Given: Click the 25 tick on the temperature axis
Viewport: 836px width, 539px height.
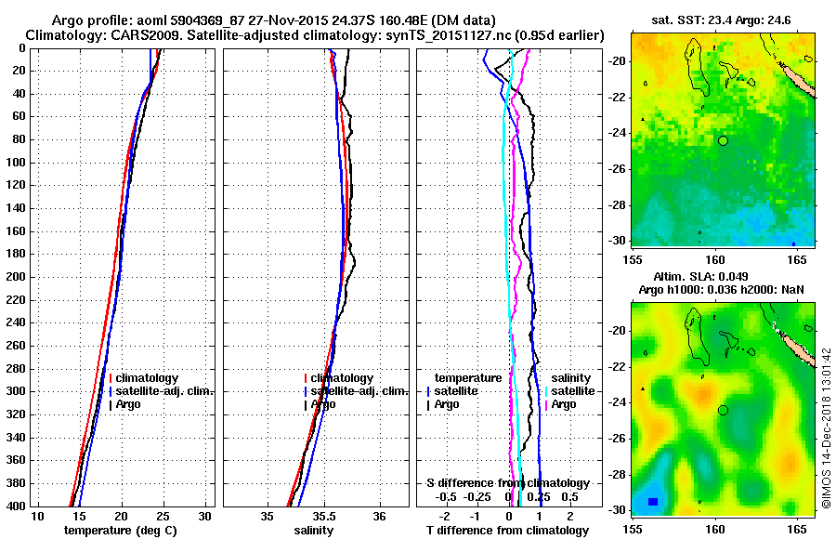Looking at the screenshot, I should click(163, 517).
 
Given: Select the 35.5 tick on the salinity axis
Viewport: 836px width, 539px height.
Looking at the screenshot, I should click(323, 517).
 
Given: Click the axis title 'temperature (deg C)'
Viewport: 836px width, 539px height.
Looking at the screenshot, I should click(120, 530).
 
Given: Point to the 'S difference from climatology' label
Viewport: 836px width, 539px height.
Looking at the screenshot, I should click(507, 483).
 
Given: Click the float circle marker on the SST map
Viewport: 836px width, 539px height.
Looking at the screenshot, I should click(723, 140).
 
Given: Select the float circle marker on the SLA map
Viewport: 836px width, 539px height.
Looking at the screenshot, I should click(723, 410).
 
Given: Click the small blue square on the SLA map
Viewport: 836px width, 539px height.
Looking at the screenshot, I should click(653, 502).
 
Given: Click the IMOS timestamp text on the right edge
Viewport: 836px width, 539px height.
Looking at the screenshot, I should click(827, 427).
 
